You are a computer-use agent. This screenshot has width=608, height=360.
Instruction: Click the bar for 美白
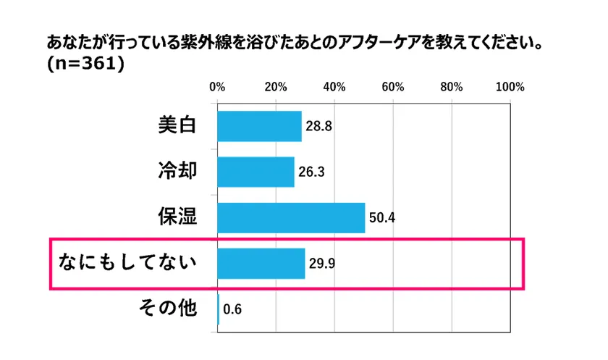(259, 126)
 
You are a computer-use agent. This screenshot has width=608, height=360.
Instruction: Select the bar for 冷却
(256, 172)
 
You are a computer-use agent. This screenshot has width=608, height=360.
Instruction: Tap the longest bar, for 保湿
(291, 217)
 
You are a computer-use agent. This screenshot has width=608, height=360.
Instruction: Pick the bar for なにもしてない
(261, 263)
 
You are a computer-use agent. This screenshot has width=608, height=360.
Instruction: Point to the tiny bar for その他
(218, 309)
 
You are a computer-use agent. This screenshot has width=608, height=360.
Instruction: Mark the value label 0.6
(232, 309)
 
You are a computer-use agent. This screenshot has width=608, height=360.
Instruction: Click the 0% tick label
(216, 87)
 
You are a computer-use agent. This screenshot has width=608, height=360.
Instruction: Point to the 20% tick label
(275, 87)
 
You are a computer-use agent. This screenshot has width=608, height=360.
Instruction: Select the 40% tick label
(334, 87)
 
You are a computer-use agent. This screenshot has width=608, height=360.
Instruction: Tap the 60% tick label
(392, 87)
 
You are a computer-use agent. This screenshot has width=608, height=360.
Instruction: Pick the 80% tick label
(451, 87)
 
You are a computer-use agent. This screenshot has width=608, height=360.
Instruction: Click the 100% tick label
(510, 87)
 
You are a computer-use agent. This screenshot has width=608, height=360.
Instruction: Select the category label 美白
(177, 125)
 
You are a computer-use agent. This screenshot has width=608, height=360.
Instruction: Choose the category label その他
(167, 308)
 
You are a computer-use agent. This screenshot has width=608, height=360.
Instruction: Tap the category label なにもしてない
(128, 263)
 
